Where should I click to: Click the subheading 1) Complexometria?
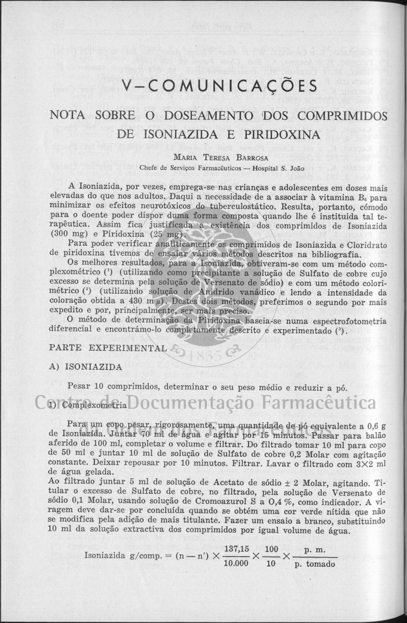point(87,405)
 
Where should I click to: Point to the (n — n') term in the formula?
point(191,556)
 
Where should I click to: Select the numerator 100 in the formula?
point(271,549)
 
